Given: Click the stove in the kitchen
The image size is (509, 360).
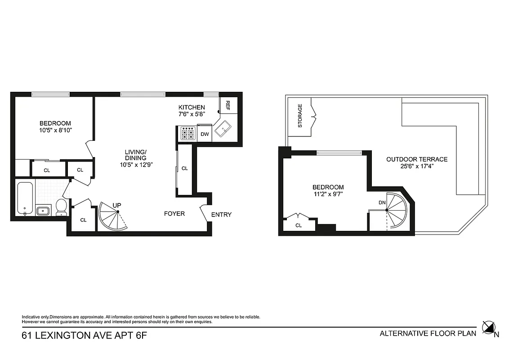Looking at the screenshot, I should [x=188, y=134].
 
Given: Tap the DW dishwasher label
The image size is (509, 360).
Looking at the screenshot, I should [x=205, y=134].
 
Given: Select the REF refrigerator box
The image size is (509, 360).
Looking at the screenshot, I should [x=228, y=105].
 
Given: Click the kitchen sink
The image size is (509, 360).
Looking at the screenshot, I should [x=223, y=130].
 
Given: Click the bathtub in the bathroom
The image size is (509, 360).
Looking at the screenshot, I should [x=25, y=198].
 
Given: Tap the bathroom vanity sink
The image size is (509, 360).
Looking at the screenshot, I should [x=43, y=211].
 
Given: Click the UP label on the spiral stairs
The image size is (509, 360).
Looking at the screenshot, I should [x=117, y=206].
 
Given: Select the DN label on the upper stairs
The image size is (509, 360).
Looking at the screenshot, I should [x=382, y=202].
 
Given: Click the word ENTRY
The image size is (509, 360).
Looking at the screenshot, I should [x=221, y=215].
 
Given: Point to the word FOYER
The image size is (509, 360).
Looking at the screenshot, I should [x=174, y=214].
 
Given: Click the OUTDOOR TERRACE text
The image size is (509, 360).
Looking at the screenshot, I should [x=417, y=159].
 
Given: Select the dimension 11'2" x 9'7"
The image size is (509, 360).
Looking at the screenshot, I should [x=328, y=195].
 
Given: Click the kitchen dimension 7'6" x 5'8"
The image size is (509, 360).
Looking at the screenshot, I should [x=192, y=114].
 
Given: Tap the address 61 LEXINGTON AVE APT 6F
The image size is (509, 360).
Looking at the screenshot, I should [x=85, y=335].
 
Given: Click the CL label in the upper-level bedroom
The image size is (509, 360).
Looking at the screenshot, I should [x=299, y=225].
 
